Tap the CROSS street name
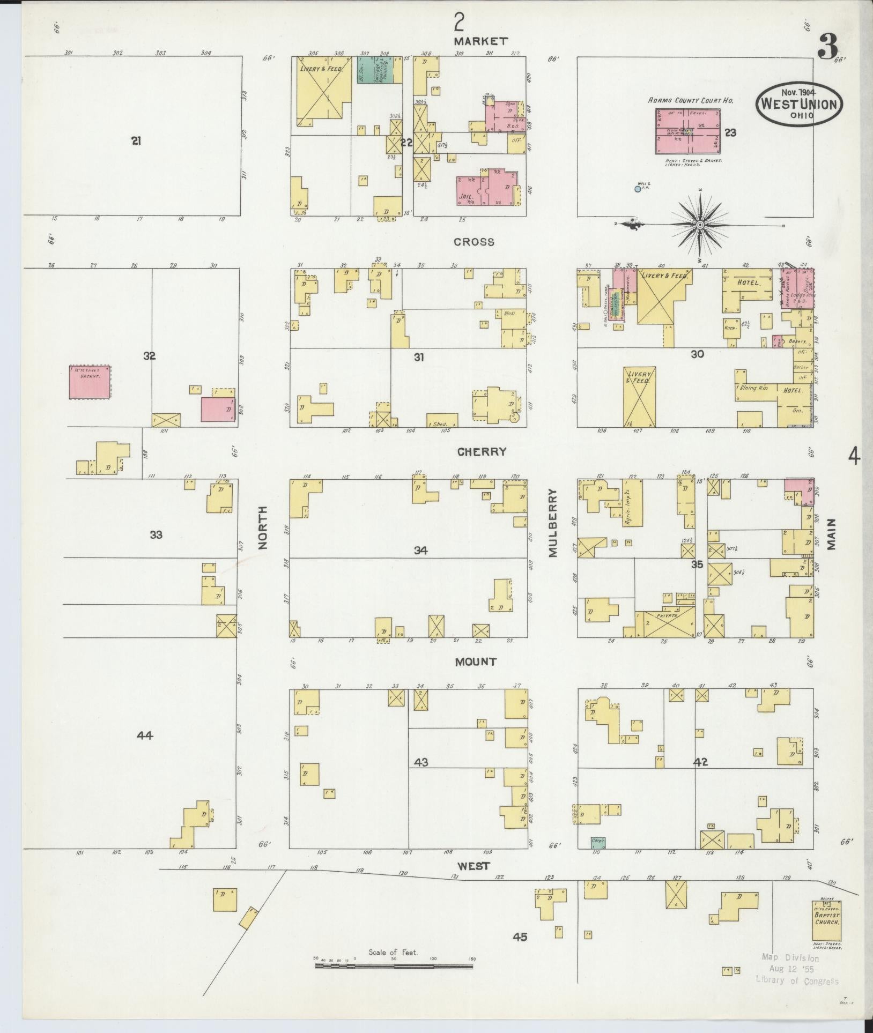pyautogui.click(x=474, y=242)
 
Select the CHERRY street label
pyautogui.click(x=482, y=452)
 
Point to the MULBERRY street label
pyautogui.click(x=553, y=523)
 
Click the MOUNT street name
pyautogui.click(x=476, y=662)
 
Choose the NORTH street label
pyautogui.click(x=263, y=528)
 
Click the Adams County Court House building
pyautogui.click(x=687, y=131)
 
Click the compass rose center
pyautogui.click(x=700, y=224)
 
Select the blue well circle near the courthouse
pyautogui.click(x=637, y=189)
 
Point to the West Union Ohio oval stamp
pyautogui.click(x=799, y=103)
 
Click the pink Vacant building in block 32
pyautogui.click(x=90, y=382)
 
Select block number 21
pyautogui.click(x=136, y=141)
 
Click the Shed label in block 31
pyautogui.click(x=441, y=423)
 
